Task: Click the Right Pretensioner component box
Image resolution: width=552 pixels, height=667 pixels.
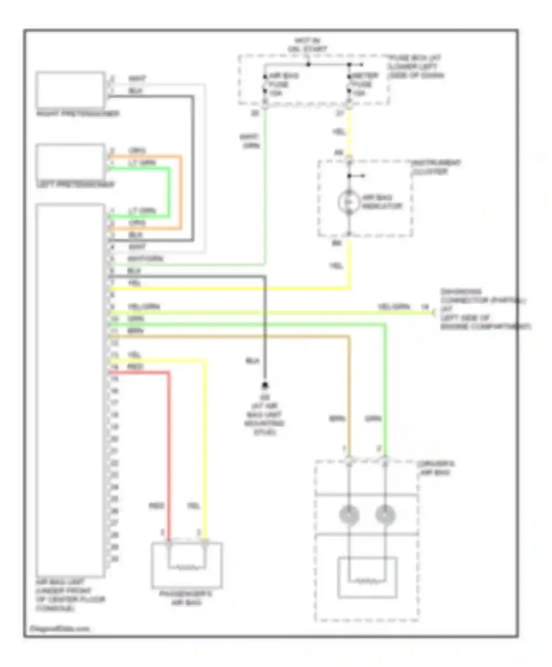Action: point(70,90)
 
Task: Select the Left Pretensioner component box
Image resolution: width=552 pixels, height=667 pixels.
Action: point(70,162)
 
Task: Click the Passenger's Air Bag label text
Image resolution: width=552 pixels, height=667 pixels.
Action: point(186,598)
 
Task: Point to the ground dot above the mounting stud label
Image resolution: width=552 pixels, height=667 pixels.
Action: point(265,385)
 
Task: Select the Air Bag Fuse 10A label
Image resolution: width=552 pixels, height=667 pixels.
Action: point(283,84)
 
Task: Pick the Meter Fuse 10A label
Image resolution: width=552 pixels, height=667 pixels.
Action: point(365,84)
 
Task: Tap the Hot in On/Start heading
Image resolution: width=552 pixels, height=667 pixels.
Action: point(307,44)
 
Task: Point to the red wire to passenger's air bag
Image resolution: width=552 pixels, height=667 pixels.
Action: point(169,460)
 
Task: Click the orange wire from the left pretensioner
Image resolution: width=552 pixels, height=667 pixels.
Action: point(181,191)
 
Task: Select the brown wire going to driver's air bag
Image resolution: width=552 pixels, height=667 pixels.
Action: point(349,397)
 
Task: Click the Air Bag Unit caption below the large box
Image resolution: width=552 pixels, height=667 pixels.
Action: point(70,595)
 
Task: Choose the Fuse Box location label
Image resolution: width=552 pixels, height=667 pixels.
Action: point(416,67)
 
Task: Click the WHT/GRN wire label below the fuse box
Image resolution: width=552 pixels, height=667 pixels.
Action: point(250,141)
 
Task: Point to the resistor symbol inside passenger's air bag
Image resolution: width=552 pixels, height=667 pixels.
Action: point(187,568)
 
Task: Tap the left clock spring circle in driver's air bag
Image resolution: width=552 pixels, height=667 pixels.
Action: point(349,515)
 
